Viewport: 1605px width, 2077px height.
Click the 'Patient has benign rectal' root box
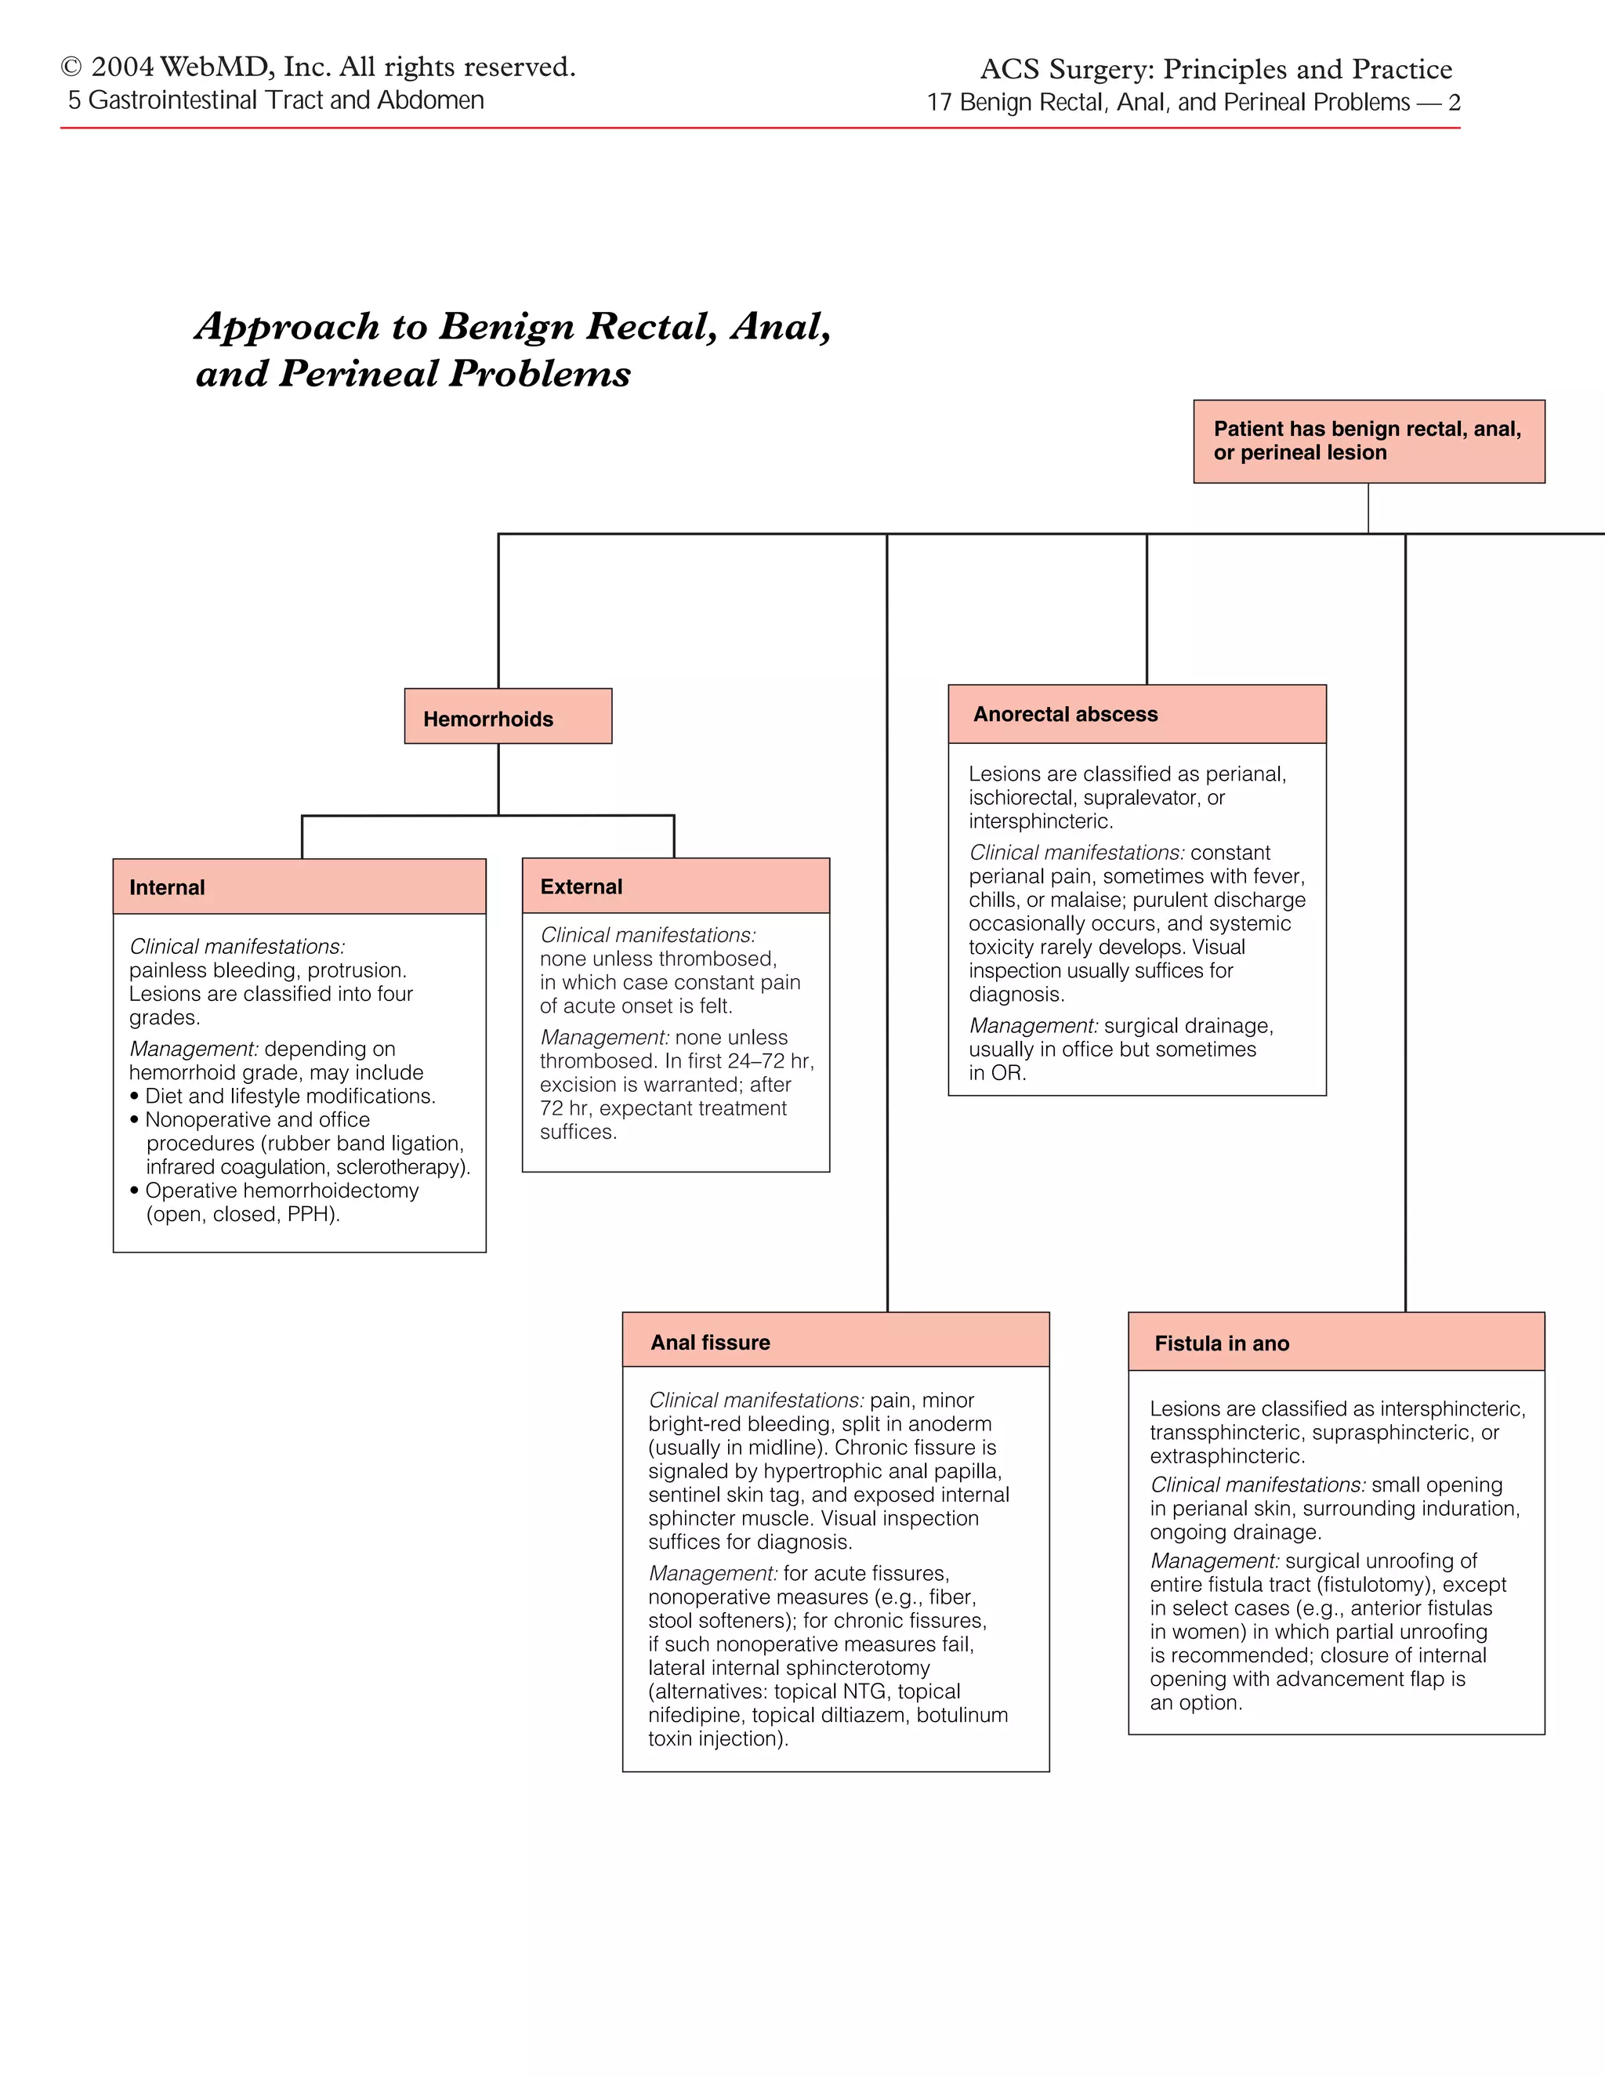coord(1368,440)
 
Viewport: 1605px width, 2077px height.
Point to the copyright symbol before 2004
coord(71,67)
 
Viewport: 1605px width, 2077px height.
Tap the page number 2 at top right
coord(1454,103)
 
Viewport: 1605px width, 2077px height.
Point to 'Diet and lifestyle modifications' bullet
coord(289,1096)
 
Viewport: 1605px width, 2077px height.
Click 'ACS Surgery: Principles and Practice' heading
coord(1216,70)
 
